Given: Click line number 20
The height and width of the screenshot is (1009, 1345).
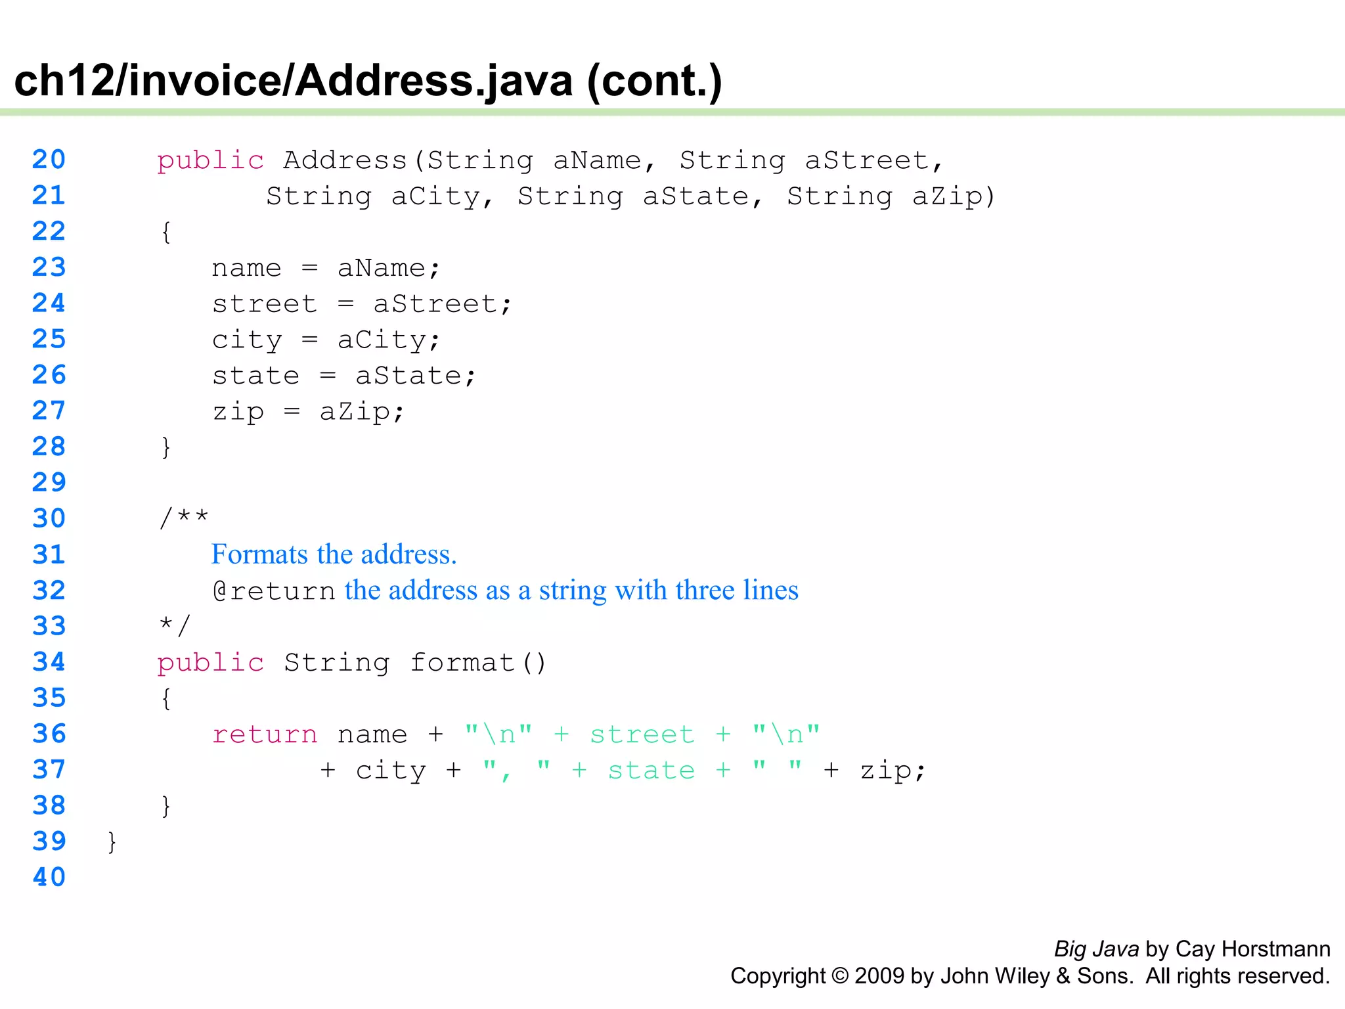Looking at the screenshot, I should coord(49,160).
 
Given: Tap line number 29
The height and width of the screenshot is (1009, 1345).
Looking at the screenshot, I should coord(49,483).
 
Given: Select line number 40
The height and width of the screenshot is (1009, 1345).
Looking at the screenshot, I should coord(49,877).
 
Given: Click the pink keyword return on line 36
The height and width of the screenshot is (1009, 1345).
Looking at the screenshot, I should coord(265,734).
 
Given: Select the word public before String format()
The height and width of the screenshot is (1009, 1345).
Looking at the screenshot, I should coord(210,663).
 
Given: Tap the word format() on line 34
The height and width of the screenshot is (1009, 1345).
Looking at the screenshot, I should coord(478,663).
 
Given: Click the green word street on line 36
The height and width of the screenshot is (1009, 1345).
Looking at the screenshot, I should coord(642,734).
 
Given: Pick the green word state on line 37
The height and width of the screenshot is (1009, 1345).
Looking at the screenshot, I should coord(651,771).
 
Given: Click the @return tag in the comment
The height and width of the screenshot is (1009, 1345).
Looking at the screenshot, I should coord(274,591).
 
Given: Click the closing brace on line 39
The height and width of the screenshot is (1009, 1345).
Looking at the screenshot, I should coord(112,841).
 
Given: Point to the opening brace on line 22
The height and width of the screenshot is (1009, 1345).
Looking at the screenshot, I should coord(166,232).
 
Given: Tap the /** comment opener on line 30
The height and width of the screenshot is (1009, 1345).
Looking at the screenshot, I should coord(184,518).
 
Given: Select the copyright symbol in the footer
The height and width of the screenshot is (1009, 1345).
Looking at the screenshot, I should coord(840,976).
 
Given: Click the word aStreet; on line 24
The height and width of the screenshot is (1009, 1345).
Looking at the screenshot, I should coord(442,304).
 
